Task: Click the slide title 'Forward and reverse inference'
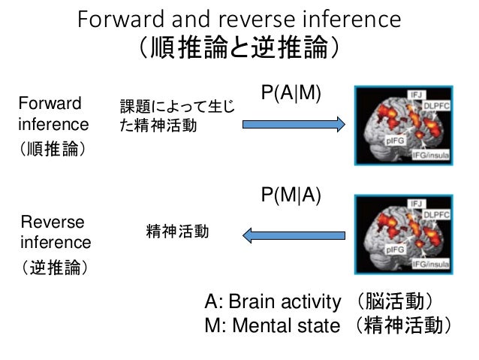(x=239, y=19)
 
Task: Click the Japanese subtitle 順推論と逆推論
(x=239, y=49)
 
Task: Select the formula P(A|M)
(x=291, y=92)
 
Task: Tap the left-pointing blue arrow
(x=293, y=236)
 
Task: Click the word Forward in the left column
(x=50, y=103)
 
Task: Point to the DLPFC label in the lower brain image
(x=438, y=216)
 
